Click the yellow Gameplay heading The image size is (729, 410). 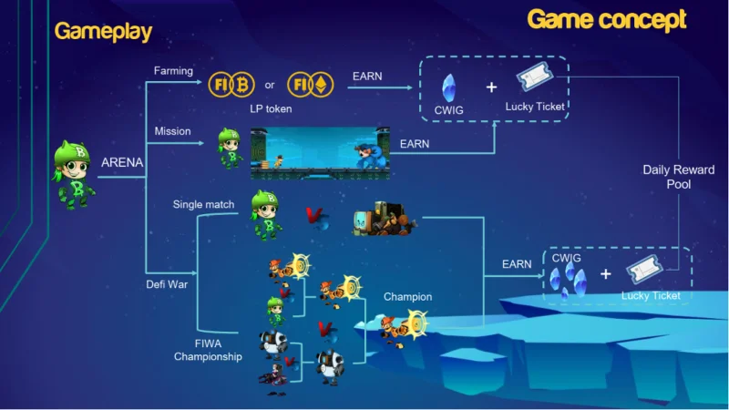point(103,32)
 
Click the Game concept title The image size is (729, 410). point(607,20)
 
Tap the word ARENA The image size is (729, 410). point(122,162)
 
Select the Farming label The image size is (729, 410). point(173,71)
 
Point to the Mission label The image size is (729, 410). point(172,131)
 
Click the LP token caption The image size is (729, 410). point(271,108)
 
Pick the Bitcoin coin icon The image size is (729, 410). point(242,85)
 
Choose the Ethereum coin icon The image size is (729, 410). point(322,85)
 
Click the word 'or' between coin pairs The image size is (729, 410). point(270,85)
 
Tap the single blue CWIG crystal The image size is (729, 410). point(448,87)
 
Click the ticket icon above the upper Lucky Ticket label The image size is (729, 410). point(535,77)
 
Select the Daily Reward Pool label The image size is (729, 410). point(679,177)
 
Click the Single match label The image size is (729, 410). point(203,204)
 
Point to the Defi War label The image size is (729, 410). point(167,284)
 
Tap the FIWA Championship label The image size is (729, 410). point(208,350)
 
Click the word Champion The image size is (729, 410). point(407,297)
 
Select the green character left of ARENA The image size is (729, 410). point(74,175)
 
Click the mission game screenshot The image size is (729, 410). point(320,153)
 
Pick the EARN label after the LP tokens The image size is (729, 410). point(367,77)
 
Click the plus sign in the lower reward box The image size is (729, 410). point(605,274)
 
